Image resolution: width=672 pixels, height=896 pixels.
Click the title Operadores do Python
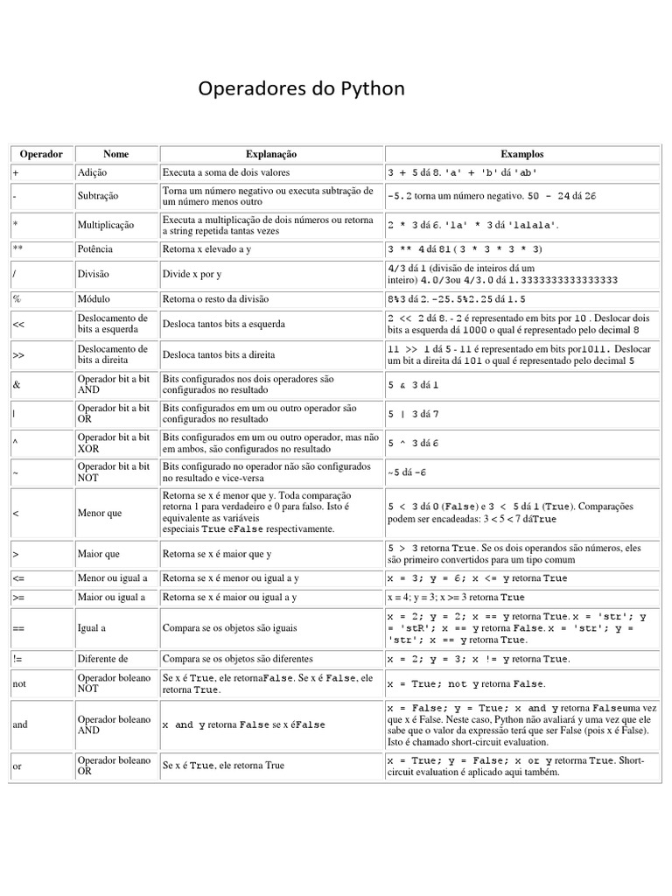(x=302, y=89)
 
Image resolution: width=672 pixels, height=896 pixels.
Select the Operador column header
(x=41, y=153)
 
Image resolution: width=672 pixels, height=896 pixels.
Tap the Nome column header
(x=115, y=153)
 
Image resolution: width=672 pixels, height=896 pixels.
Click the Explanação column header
(x=271, y=153)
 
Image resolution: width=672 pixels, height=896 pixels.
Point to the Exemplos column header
(x=521, y=153)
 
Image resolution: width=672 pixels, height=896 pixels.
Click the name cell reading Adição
(x=92, y=172)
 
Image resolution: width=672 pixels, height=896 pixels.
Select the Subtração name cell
(x=98, y=196)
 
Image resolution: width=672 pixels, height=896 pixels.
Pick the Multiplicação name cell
(x=106, y=225)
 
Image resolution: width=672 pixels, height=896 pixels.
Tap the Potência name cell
(x=96, y=248)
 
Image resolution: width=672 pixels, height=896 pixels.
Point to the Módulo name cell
(x=94, y=298)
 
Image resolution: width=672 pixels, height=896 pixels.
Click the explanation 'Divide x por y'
(x=193, y=274)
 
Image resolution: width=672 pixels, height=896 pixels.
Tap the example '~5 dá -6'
(x=407, y=472)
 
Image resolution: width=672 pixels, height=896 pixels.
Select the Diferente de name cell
(x=103, y=657)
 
